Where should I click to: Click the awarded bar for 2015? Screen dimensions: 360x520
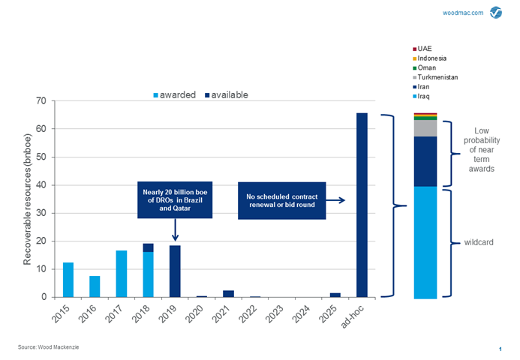68,280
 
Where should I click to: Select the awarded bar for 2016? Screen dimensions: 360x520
95,286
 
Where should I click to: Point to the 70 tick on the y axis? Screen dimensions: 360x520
41,101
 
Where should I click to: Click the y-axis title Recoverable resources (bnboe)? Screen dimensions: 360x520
28,198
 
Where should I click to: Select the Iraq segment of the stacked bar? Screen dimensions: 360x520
425,242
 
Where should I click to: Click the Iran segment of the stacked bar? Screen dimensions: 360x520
425,161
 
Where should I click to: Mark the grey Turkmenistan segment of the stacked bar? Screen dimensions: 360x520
425,128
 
